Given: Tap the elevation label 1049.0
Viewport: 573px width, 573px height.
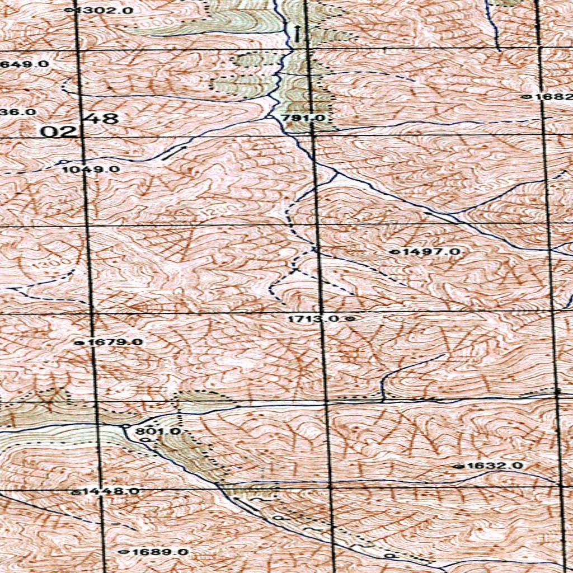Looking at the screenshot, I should [x=91, y=169].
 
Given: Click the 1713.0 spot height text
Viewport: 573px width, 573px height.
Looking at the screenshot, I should [x=314, y=318].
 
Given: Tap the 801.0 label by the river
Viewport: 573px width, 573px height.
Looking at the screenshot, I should [x=158, y=431].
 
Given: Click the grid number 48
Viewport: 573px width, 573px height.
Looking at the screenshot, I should [x=104, y=119].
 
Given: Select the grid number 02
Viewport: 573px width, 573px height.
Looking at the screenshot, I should [x=59, y=132].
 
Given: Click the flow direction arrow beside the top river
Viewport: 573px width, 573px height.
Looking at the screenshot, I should [x=298, y=33].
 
